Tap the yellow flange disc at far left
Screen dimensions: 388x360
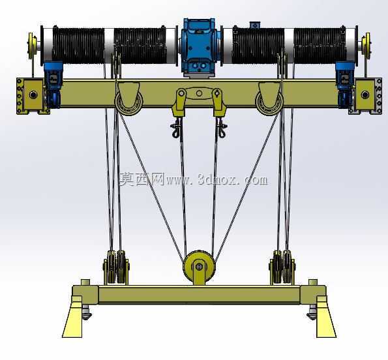31,46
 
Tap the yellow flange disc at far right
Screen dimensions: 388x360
366,46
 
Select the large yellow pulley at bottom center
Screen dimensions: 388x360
199,267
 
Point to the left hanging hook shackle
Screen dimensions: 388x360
176,127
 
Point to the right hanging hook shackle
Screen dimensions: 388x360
221,127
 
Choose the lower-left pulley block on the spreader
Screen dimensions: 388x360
116,267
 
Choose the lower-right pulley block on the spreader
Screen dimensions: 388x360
282,267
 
